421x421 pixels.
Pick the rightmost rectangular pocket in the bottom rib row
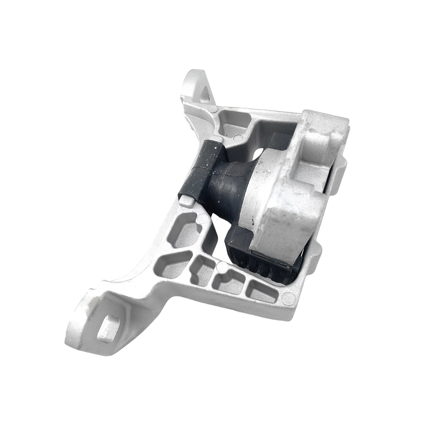coord(261,292)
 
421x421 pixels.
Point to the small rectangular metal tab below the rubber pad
coord(187,201)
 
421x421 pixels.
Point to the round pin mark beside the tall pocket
coord(199,220)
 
